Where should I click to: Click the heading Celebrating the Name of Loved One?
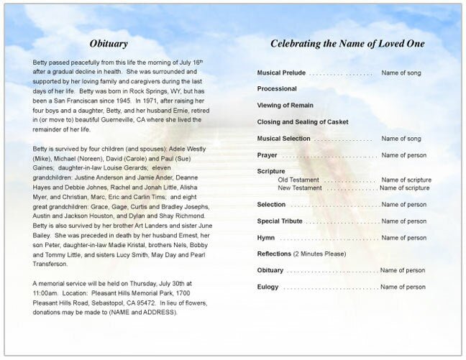(x=347, y=43)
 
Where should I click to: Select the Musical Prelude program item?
(x=281, y=73)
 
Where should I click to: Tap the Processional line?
(x=277, y=89)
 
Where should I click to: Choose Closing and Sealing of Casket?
(x=303, y=121)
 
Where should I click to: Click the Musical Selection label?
(x=284, y=138)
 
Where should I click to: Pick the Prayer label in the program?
(x=267, y=154)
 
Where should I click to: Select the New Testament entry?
(x=300, y=188)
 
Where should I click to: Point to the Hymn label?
(x=265, y=237)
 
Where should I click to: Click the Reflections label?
(x=274, y=254)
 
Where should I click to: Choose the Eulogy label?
(x=268, y=287)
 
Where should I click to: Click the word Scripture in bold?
(x=271, y=171)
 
